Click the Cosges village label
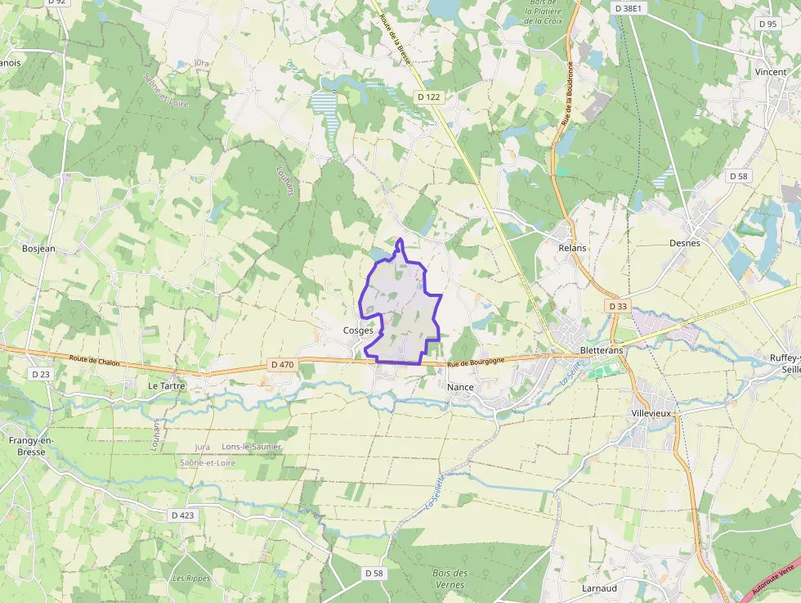[358, 331]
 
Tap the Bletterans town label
[601, 350]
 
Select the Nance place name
[461, 386]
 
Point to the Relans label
[572, 246]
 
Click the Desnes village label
[684, 243]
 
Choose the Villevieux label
[651, 414]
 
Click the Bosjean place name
[38, 248]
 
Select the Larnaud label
[598, 588]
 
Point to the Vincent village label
[771, 72]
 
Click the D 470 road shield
[281, 364]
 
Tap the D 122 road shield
[428, 97]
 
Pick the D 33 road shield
[618, 306]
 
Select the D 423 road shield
[183, 515]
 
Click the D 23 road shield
[40, 374]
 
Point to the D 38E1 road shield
[629, 7]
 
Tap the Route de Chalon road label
[96, 359]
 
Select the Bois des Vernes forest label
[450, 578]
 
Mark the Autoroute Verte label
[773, 578]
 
